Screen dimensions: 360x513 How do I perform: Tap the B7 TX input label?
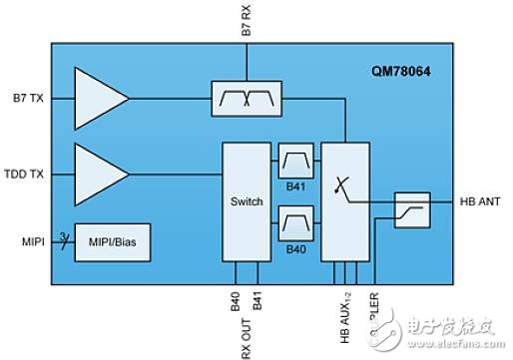[x=30, y=98]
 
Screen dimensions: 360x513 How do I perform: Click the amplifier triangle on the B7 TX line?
[x=99, y=98]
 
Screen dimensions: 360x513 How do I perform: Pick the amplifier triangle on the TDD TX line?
[x=99, y=175]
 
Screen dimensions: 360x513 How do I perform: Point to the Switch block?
[x=247, y=202]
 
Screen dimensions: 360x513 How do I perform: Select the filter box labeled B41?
[x=295, y=160]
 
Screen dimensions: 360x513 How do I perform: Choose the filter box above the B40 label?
[x=295, y=216]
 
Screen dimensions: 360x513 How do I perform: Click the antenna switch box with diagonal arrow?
[x=344, y=200]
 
